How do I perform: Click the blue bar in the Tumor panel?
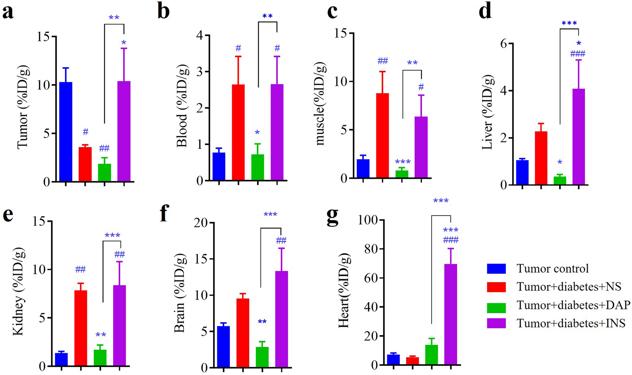pos(66,132)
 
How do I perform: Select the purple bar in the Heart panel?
pos(451,314)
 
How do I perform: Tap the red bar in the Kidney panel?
pos(81,328)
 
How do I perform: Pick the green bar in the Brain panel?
pos(262,357)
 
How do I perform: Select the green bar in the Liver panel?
pos(560,181)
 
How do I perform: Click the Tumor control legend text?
pos(552,268)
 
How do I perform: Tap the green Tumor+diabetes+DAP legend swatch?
pos(496,305)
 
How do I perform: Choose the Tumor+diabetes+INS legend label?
pos(571,323)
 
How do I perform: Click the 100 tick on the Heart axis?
pos(368,220)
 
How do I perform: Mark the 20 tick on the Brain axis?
pos(201,223)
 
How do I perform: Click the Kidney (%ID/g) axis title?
pos(18,291)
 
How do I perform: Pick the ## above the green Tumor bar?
pos(104,148)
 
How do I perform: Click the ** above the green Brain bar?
pos(262,322)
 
